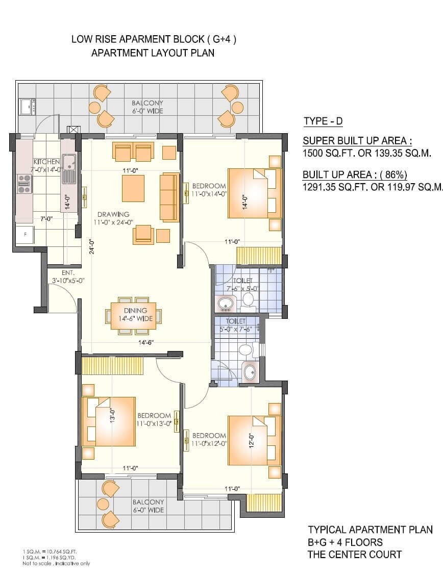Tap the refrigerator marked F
click(24, 235)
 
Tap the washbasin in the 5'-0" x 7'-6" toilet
click(250, 371)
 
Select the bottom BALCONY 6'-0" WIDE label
click(148, 506)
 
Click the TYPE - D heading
click(323, 121)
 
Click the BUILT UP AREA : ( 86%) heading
click(355, 175)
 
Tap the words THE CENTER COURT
click(354, 555)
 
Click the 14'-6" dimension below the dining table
click(145, 342)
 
